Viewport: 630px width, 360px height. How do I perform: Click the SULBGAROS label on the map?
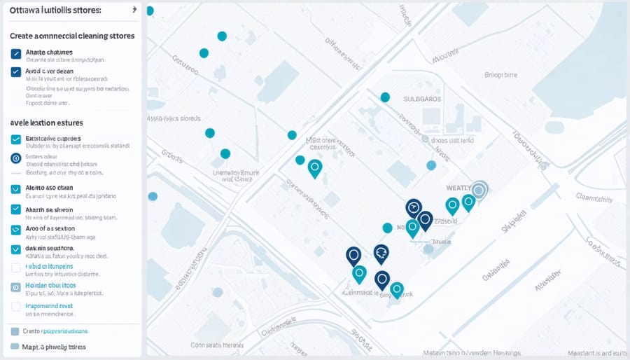(x=422, y=99)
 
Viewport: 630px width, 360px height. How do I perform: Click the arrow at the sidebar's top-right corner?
(x=134, y=11)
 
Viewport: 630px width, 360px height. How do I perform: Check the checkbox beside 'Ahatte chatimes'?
(x=16, y=53)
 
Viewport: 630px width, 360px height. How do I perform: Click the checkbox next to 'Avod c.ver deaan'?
(x=16, y=71)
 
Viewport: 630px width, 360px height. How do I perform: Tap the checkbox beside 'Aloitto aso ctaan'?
(x=16, y=189)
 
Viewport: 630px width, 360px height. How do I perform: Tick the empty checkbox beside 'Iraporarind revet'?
(x=16, y=307)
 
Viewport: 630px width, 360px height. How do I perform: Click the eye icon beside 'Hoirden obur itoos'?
(x=16, y=287)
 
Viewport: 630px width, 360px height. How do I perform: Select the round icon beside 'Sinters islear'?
(x=16, y=158)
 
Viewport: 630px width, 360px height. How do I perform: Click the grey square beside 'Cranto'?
(x=15, y=331)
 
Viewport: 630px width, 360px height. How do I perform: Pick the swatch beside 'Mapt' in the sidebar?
(x=15, y=347)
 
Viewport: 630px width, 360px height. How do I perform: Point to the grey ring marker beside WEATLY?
(x=479, y=189)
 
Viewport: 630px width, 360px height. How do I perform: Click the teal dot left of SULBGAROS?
(x=384, y=97)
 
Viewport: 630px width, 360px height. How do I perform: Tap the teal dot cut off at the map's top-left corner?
(x=149, y=11)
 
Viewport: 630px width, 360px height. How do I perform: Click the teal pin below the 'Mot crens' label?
(x=315, y=167)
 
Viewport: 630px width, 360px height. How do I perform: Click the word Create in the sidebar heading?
(x=24, y=35)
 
